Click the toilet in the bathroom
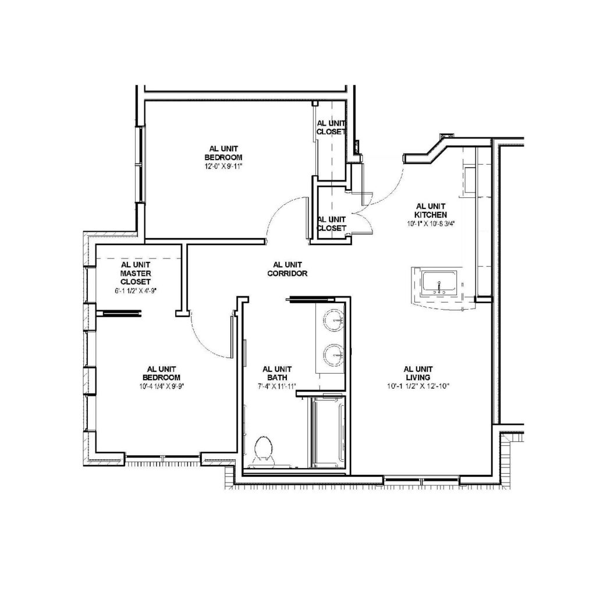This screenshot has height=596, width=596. (x=264, y=451)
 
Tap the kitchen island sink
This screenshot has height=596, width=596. (x=440, y=283)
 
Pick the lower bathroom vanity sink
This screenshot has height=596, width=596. (x=334, y=354)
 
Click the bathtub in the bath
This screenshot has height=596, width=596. (x=328, y=432)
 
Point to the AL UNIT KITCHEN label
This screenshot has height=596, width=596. (x=431, y=211)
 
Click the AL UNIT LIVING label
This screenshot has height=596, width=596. (x=418, y=373)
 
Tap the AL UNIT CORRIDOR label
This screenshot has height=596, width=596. (x=288, y=269)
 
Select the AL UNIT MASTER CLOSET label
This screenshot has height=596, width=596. (x=136, y=273)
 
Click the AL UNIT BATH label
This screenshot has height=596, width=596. (x=277, y=373)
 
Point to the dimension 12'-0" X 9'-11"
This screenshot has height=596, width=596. (x=223, y=166)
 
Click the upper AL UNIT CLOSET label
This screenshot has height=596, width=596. (x=331, y=127)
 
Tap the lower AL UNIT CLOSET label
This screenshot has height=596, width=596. (x=331, y=224)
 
